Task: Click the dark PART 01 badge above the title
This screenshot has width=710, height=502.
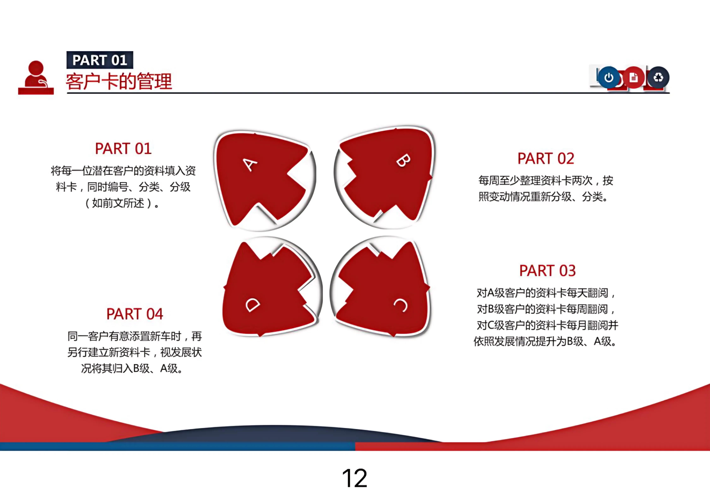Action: tap(100, 60)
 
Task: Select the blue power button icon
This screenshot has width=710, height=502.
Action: tap(609, 77)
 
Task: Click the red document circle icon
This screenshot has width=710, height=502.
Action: tap(634, 77)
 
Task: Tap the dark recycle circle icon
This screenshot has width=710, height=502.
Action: tap(658, 77)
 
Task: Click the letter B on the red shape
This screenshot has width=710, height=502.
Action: tap(403, 160)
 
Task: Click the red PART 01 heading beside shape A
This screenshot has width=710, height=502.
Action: tap(123, 149)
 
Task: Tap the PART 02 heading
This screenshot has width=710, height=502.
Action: tap(546, 159)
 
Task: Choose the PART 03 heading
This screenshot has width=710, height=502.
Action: tap(547, 271)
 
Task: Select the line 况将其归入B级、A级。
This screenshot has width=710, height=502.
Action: tap(132, 368)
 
